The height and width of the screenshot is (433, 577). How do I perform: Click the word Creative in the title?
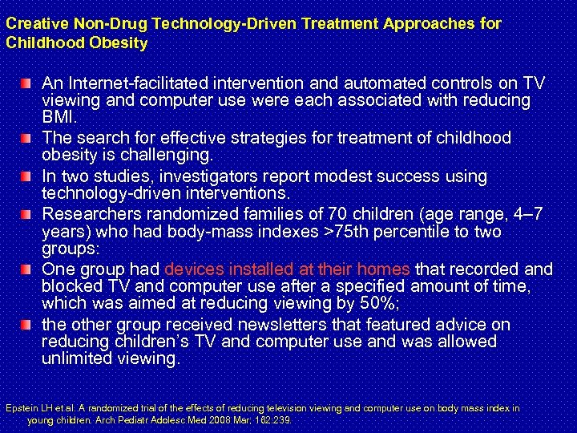33,23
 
